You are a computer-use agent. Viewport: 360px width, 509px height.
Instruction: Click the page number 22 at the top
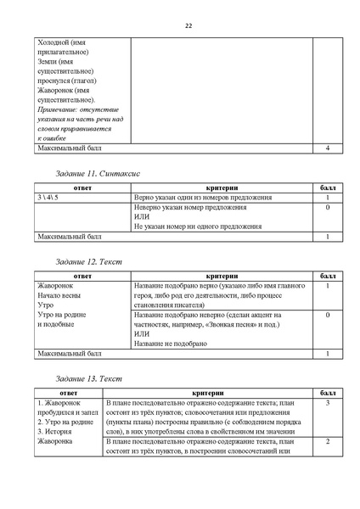[x=188, y=26]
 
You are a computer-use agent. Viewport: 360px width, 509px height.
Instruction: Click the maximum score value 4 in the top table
[x=327, y=148]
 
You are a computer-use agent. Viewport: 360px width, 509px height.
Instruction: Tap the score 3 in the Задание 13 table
[x=327, y=402]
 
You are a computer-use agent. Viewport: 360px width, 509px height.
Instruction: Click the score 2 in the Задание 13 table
[x=327, y=441]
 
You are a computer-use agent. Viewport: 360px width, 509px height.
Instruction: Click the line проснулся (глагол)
[x=67, y=80]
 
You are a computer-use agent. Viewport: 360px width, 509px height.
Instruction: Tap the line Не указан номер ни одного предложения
[x=197, y=227]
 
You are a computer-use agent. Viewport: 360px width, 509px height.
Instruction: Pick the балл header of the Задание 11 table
[x=327, y=187]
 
